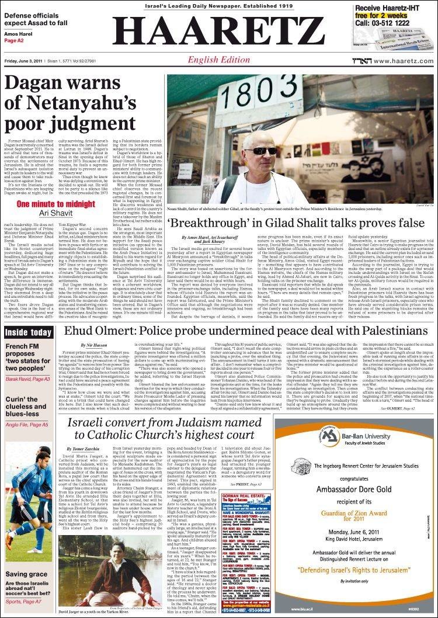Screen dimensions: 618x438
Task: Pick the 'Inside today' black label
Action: coord(28,332)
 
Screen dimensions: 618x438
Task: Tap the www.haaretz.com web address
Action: coord(403,61)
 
